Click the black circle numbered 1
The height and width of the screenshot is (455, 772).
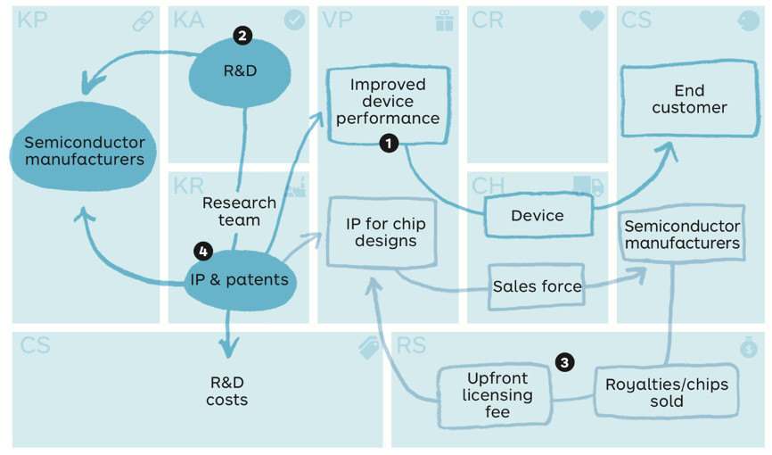389,144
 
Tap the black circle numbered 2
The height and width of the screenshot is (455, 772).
242,36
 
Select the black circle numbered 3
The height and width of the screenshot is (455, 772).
564,363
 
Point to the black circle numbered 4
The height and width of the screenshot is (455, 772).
203,252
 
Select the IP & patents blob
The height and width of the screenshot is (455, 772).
240,280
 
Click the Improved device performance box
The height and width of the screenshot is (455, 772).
388,104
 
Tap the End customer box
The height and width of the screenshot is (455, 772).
689,99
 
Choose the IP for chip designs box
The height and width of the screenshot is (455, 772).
382,233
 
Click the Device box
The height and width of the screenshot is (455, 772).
538,215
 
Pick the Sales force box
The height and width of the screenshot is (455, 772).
537,286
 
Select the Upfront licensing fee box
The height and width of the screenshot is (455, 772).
496,396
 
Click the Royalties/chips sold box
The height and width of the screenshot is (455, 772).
667,392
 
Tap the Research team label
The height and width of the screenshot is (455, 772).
239,211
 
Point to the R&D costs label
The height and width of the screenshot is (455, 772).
227,391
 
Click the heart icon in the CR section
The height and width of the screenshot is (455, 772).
592,21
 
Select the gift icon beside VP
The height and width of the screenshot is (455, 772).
445,21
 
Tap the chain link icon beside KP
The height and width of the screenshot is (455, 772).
144,21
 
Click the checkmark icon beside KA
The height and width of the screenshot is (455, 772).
294,21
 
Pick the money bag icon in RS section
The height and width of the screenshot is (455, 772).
748,347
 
